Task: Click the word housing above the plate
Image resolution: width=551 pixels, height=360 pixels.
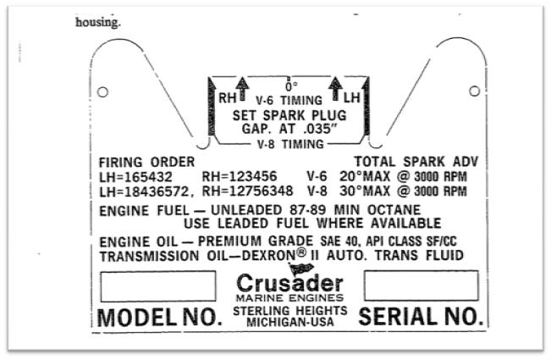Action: pos(97,23)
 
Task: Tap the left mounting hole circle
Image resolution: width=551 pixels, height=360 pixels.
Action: pos(102,92)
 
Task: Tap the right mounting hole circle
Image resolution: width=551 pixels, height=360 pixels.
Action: pos(474,91)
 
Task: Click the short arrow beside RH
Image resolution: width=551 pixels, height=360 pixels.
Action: pos(242,89)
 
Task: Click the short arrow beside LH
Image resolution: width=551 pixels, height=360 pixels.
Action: pos(335,88)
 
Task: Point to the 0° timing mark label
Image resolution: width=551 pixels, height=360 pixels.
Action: pos(291,86)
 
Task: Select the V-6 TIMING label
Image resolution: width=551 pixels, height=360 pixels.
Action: pos(289,101)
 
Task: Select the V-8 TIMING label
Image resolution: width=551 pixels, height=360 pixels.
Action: pos(290,144)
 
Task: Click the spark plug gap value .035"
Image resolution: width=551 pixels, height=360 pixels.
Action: pos(320,129)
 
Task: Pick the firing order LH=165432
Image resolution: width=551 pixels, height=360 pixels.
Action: pos(136,177)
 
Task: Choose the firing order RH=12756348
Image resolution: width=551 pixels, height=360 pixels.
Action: pos(247,191)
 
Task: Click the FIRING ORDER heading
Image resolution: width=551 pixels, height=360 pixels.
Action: pos(147,162)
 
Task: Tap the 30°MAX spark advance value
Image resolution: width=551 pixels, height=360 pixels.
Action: pos(365,191)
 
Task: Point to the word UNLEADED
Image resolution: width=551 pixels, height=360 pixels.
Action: pos(246,210)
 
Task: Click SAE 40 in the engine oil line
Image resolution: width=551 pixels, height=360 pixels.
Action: pos(339,241)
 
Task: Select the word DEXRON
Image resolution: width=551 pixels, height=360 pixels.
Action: pos(269,256)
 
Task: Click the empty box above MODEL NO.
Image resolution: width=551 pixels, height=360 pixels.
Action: pos(158,286)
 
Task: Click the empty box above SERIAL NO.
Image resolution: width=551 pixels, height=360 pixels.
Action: pos(422,285)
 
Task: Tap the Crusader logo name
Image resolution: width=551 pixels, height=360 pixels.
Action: pos(290,283)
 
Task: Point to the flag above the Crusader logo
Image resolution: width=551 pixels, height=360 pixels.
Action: pos(300,269)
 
